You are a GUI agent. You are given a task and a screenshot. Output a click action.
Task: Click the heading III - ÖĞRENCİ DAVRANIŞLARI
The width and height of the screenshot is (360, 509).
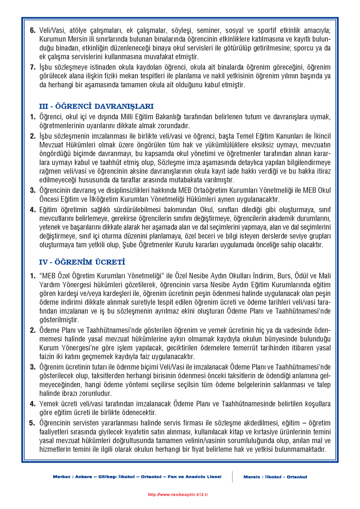(96, 106)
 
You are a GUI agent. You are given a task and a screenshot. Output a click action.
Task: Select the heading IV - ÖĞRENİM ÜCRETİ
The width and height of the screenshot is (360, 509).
(82, 262)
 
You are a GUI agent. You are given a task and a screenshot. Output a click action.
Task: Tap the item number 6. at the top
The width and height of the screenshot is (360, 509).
(33, 30)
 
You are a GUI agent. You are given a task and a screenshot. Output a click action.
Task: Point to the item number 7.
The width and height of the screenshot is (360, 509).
(33, 67)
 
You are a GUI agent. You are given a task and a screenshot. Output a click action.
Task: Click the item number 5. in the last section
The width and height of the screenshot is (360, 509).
(32, 423)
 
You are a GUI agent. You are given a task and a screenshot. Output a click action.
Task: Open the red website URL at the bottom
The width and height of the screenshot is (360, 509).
(178, 495)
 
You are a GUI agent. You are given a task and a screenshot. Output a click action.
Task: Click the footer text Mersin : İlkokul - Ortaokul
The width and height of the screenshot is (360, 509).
(275, 477)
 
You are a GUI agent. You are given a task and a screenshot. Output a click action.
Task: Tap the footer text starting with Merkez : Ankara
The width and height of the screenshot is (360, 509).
(137, 477)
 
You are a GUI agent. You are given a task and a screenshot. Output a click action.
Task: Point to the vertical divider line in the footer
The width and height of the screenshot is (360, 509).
(232, 477)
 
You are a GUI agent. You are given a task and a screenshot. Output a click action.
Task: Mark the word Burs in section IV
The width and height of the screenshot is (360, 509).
(285, 276)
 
